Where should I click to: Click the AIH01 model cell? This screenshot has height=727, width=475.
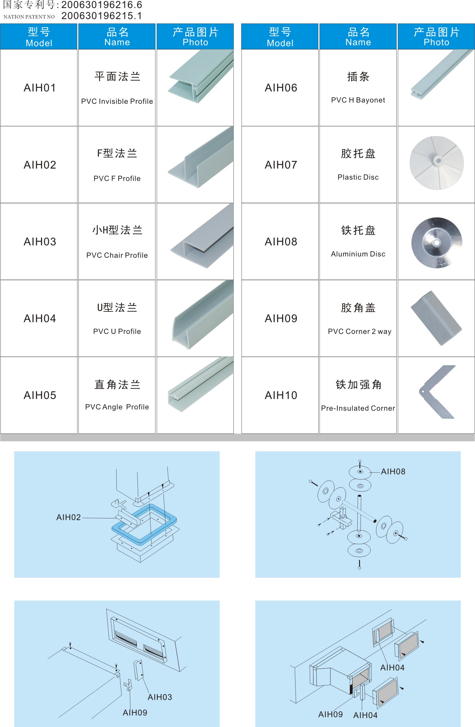pos(40,88)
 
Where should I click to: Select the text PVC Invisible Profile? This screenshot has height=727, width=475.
pos(117,101)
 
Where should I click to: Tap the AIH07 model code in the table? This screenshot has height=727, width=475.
pos(281,165)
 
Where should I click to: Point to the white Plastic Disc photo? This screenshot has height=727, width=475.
pos(436,163)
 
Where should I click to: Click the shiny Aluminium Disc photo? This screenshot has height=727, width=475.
pos(436,242)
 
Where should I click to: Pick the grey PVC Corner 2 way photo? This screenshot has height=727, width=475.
pos(436,318)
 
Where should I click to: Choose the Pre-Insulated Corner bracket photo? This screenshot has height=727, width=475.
pos(436,392)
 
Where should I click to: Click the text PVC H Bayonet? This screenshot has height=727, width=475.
pos(358,100)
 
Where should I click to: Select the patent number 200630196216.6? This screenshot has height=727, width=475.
pos(101,5)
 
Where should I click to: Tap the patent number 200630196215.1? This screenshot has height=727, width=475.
pos(101,16)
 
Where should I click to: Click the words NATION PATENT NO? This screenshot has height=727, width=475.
pos(29,17)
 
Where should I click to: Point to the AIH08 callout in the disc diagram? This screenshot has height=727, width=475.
pos(393,472)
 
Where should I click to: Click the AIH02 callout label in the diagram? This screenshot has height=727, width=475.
pos(69,517)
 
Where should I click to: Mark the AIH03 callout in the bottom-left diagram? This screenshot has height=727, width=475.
pos(160,697)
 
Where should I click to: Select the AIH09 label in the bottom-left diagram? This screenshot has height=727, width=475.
pos(135,712)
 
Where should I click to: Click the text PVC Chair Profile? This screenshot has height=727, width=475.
pos(117,255)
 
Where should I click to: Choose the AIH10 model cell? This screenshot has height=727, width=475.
pos(281,395)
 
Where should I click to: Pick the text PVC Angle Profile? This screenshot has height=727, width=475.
pos(117,407)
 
